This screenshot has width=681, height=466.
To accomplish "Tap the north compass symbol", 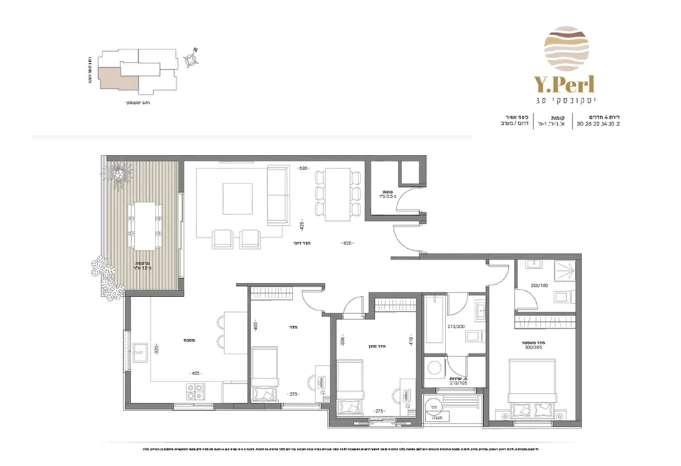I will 191,60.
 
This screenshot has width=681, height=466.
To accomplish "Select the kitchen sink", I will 140,351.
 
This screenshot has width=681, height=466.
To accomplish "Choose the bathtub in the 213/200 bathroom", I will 434,328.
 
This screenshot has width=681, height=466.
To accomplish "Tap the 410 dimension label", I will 411,343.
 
